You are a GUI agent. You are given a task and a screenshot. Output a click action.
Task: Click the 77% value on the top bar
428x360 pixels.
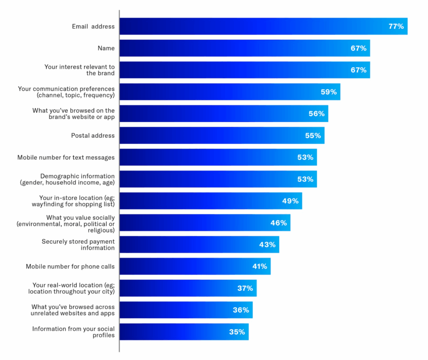(396, 26)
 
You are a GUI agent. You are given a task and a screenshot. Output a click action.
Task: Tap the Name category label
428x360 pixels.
(106, 48)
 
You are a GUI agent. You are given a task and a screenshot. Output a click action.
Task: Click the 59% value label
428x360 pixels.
(329, 92)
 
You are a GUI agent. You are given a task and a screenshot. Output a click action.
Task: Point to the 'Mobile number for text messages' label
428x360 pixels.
(66, 158)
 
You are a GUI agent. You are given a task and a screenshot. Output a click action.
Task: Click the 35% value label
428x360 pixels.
(237, 332)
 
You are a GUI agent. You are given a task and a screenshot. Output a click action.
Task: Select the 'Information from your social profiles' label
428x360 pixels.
(74, 332)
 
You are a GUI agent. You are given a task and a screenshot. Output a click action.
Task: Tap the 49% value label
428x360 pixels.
(290, 201)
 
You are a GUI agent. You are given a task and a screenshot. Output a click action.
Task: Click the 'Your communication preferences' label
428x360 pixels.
(66, 92)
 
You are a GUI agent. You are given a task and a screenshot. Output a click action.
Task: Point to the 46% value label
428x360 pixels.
(278, 223)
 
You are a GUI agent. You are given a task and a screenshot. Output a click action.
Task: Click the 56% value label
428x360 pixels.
(316, 114)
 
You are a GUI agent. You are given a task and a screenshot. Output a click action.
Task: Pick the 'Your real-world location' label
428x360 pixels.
(74, 289)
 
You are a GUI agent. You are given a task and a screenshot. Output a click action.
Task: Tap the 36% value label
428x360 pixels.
(241, 310)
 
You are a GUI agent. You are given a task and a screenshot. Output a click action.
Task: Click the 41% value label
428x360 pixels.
(259, 266)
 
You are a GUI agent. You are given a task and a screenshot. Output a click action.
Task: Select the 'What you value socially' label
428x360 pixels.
(66, 224)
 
